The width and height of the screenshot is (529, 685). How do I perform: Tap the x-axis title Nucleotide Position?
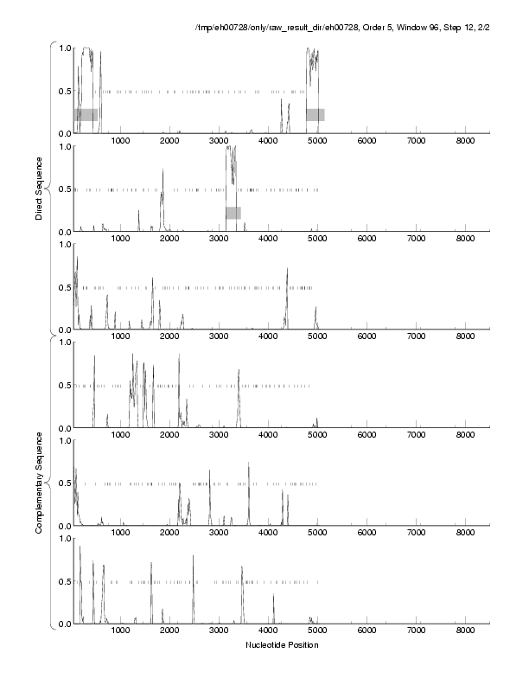[x=282, y=645]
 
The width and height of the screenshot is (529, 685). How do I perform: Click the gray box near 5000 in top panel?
[x=315, y=114]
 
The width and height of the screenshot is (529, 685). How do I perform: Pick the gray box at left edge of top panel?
[x=86, y=114]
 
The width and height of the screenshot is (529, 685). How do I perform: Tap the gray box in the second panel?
[x=233, y=213]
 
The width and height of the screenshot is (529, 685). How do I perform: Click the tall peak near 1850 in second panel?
[x=163, y=171]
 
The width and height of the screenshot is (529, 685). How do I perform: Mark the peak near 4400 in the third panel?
[x=287, y=271]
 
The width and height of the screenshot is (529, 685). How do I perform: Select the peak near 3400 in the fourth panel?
[x=239, y=372]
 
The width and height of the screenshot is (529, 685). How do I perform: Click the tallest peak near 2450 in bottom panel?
[x=193, y=558]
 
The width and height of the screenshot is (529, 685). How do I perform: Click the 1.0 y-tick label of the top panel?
[x=63, y=48]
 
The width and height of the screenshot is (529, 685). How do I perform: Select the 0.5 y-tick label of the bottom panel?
[x=63, y=581]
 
